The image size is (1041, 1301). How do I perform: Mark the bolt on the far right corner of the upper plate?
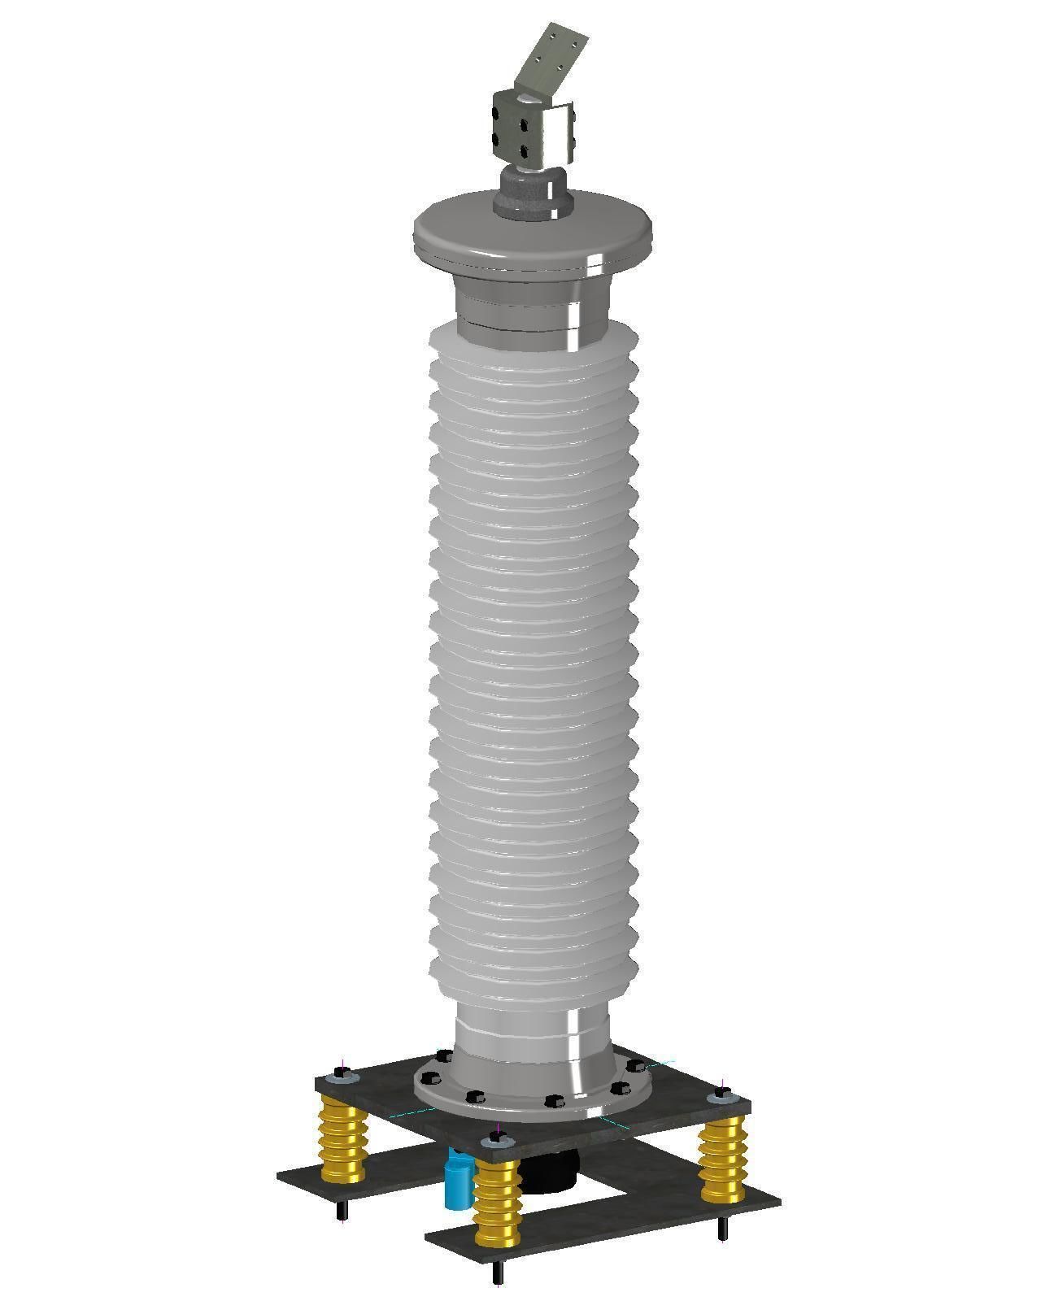(721, 1096)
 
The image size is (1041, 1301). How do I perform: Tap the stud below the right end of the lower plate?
(722, 1229)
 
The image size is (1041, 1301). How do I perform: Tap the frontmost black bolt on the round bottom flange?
(555, 1101)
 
